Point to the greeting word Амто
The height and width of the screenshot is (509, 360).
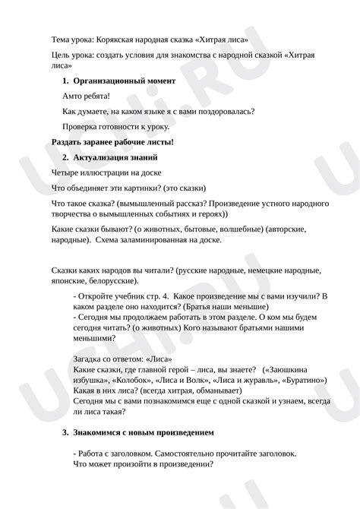(x=74, y=96)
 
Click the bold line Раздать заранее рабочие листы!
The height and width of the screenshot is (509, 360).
(x=112, y=142)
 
